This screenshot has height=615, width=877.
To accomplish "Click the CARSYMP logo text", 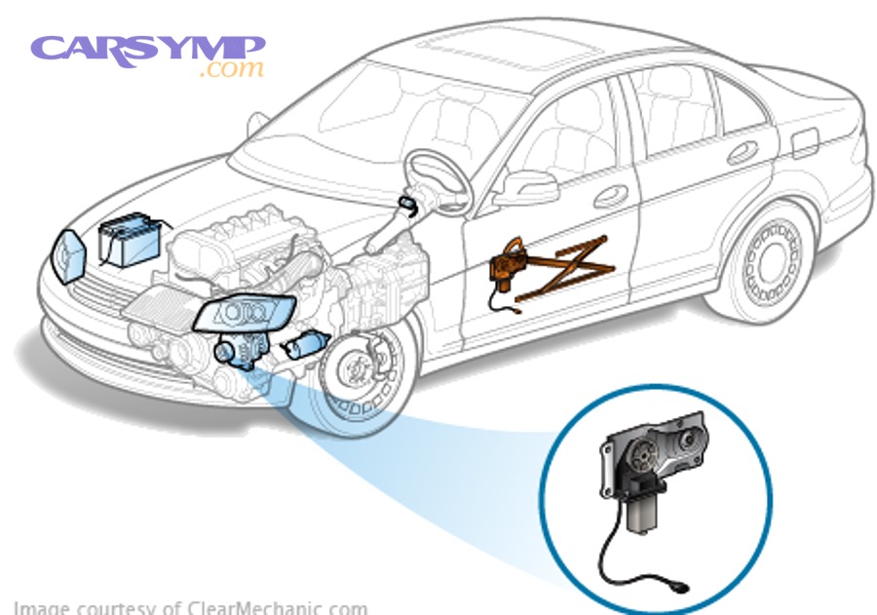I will [146, 49].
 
